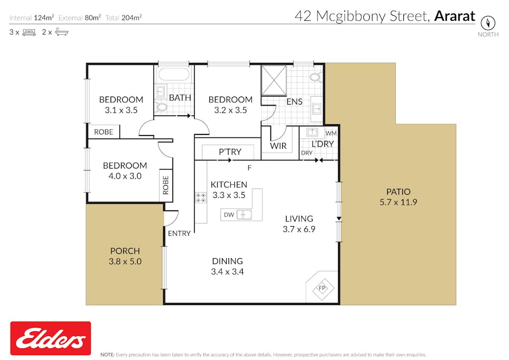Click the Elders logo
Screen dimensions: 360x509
tap(51, 338)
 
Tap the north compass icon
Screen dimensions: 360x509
tap(488, 23)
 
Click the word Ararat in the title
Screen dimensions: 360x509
tap(454, 16)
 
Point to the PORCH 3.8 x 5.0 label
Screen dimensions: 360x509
tap(125, 256)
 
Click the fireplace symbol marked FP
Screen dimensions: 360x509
tap(322, 288)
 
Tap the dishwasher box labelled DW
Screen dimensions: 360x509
tap(228, 215)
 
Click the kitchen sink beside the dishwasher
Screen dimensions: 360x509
tap(245, 215)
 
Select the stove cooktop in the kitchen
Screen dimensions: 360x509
tap(202, 198)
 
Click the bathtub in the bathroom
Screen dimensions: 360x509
tap(173, 74)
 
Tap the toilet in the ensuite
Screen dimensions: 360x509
tap(315, 77)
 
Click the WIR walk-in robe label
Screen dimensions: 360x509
tap(278, 146)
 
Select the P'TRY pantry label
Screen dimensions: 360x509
tap(230, 152)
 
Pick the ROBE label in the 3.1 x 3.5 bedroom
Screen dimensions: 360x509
tap(103, 132)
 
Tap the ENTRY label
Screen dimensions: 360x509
tap(179, 233)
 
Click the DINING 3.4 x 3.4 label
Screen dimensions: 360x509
tap(227, 266)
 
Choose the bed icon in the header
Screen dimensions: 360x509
tap(28, 32)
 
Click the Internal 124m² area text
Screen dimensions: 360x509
tap(31, 18)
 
